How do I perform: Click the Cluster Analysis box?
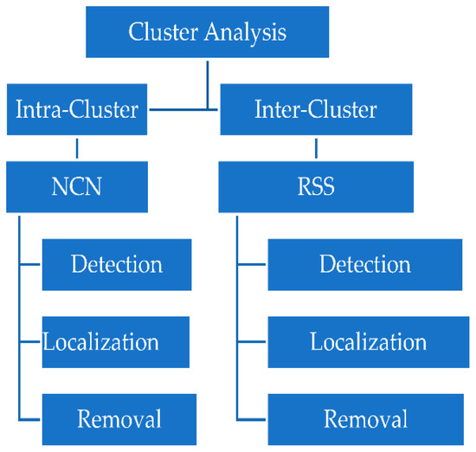coord(208,32)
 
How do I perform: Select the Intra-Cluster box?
coord(77,109)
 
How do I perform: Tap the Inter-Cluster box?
coord(316,109)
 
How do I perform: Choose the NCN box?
coord(77,187)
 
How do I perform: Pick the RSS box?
coord(316,187)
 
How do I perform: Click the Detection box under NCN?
coord(117,265)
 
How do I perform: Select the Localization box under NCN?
coord(116,342)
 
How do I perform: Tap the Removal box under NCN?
coord(119,419)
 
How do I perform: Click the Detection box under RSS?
coord(365,265)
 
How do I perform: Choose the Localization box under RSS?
coord(369,342)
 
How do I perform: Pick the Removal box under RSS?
coord(366,419)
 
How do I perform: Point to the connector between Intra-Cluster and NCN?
coord(77,148)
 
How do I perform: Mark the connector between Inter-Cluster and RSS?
coord(316,148)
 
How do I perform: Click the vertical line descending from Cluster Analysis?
coord(208,85)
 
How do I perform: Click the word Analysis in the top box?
coord(245,33)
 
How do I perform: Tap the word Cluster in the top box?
coord(164,31)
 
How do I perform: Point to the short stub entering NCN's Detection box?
coord(29,265)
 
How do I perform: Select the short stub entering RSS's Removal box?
coord(251,419)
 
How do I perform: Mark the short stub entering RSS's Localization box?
coord(252,342)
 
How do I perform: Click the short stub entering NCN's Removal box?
coord(29,419)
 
